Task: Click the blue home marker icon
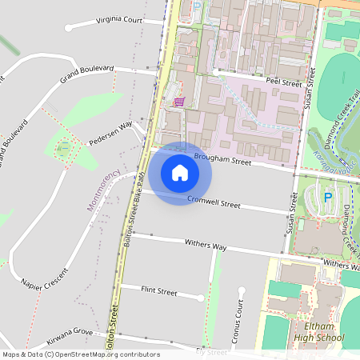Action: [x=180, y=173]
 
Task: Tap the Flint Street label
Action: [x=158, y=291]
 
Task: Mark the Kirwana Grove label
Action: [x=70, y=333]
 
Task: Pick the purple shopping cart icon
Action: [x=178, y=102]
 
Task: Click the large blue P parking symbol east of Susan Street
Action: [x=327, y=197]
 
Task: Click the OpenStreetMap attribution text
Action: [x=80, y=354]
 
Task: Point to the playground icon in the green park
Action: [x=64, y=146]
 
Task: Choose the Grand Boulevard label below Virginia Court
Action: [x=86, y=74]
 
